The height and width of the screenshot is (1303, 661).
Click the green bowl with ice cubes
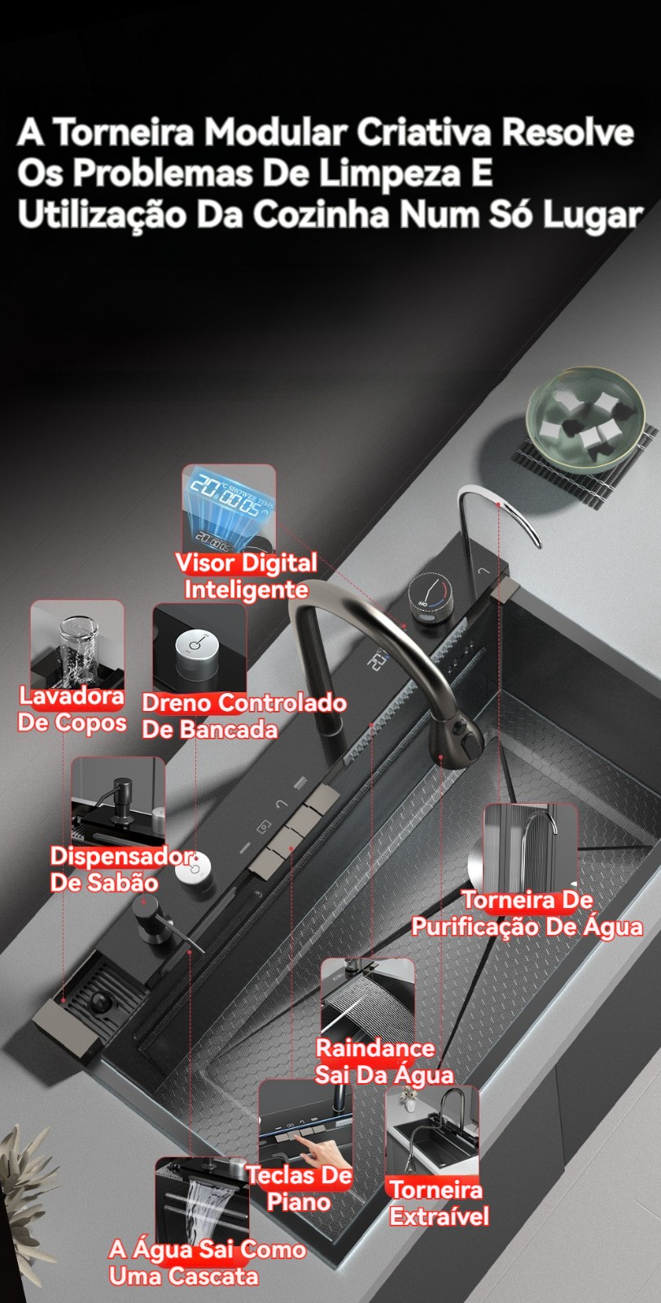tap(585, 416)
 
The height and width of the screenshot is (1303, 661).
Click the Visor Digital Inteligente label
tap(247, 577)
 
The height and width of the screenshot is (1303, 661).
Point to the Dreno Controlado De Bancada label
tap(244, 716)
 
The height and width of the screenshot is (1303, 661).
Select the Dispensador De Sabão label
tap(121, 869)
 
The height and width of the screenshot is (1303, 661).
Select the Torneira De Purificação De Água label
tap(527, 913)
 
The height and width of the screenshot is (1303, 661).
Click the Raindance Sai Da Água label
tap(383, 1061)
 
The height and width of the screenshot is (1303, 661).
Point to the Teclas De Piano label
tap(300, 1188)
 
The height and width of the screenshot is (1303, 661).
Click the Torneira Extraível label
tap(437, 1202)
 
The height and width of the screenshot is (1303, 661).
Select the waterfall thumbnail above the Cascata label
tap(202, 1202)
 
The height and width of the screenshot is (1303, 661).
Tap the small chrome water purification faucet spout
tap(499, 513)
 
